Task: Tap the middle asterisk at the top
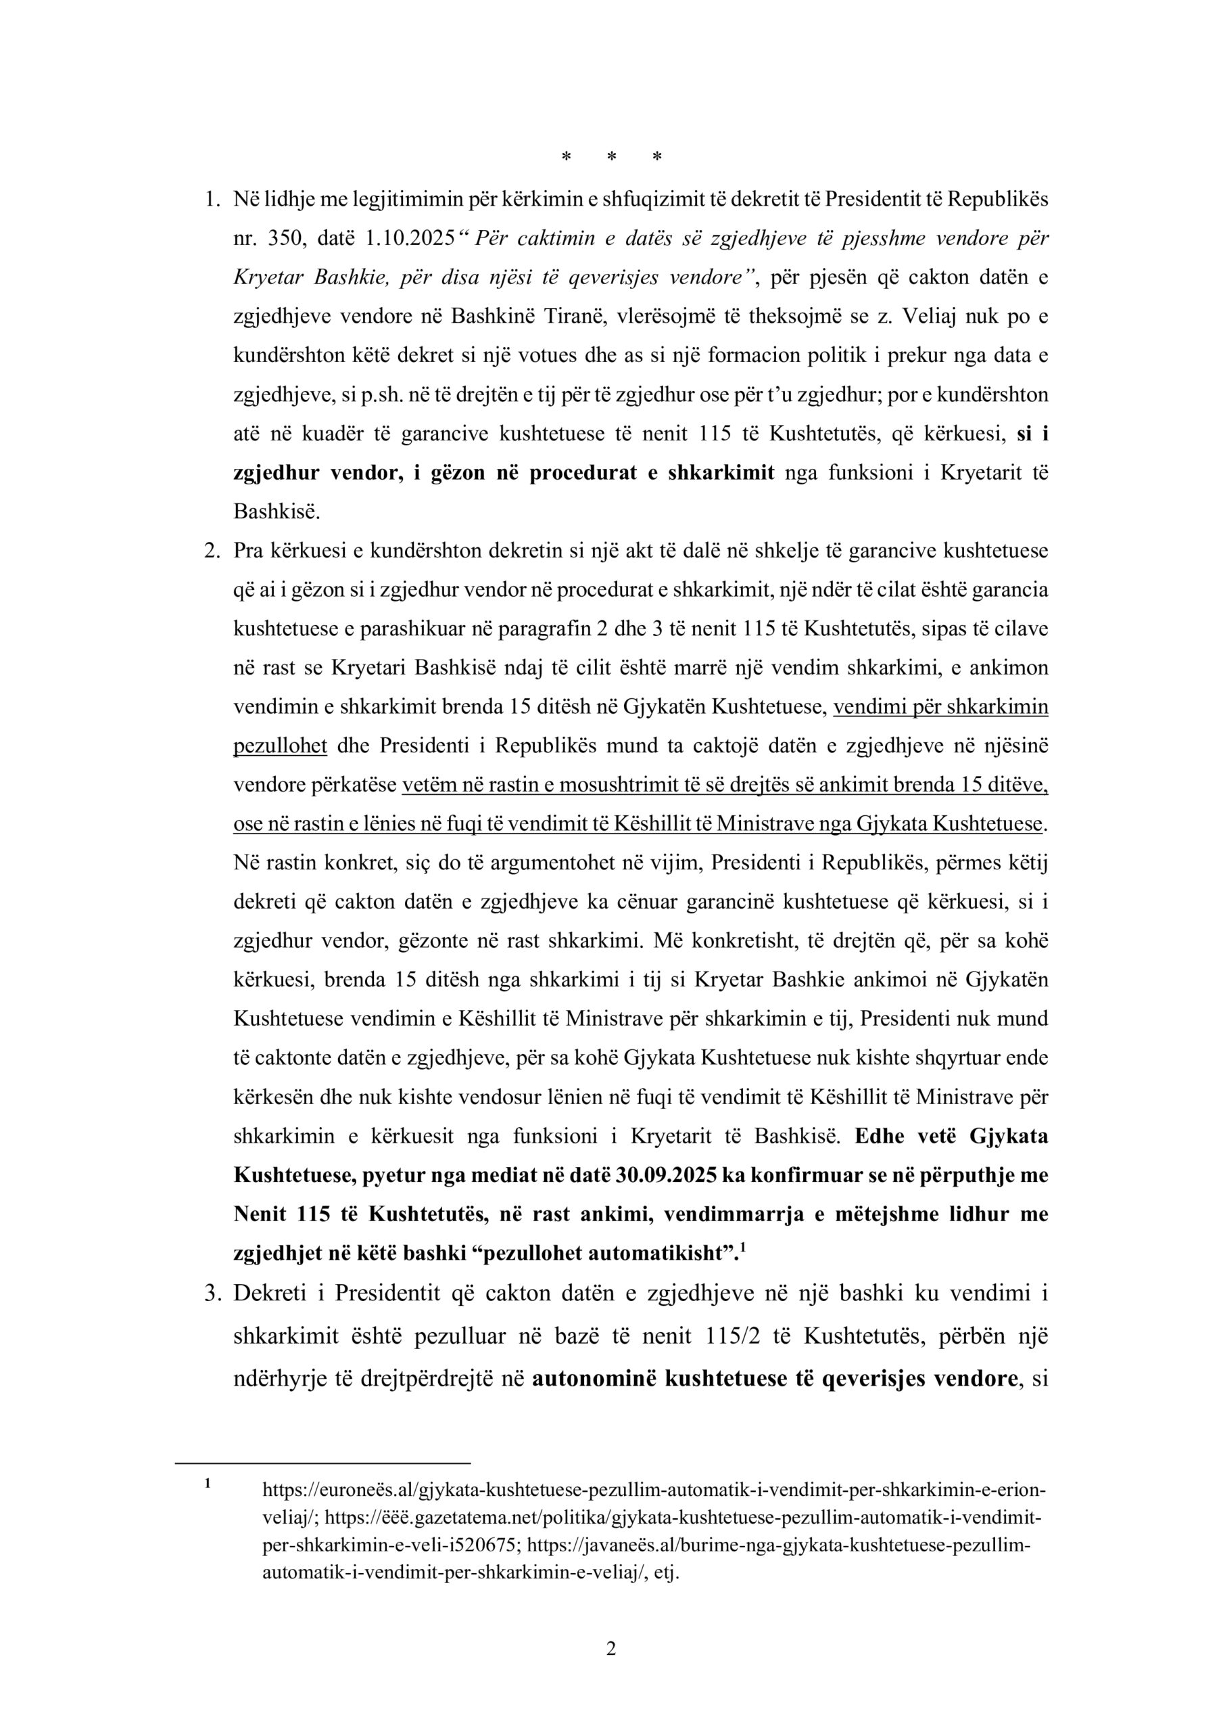click(611, 157)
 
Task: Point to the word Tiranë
click(575, 316)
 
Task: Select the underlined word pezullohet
click(280, 746)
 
